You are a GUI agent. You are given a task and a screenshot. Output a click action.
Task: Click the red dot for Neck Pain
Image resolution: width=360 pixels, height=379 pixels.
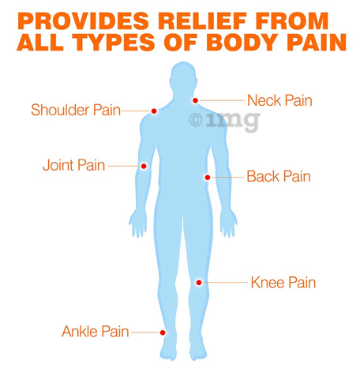[195, 100]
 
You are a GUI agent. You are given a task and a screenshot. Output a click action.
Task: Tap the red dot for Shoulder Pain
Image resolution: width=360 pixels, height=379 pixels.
[154, 111]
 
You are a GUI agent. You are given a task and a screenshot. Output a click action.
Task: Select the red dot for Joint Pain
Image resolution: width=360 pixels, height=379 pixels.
[144, 167]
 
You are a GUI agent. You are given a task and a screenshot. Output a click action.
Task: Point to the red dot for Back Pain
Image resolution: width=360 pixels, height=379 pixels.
[208, 178]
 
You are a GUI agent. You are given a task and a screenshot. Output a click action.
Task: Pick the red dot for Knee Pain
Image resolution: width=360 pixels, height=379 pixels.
[199, 283]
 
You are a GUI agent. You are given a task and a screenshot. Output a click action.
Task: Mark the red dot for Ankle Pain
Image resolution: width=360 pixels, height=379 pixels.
[163, 332]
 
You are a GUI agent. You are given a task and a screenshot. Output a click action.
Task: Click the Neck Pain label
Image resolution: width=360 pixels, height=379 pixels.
[279, 100]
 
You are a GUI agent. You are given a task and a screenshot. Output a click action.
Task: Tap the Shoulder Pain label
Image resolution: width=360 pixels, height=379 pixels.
[76, 110]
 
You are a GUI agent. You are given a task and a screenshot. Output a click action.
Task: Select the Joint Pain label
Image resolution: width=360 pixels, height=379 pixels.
[74, 165]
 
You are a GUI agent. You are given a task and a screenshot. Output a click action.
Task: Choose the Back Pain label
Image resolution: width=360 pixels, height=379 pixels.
[279, 176]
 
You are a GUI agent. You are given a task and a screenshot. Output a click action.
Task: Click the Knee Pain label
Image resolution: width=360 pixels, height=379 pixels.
[283, 283]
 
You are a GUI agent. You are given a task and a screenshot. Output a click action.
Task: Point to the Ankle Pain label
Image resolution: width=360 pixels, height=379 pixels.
[96, 332]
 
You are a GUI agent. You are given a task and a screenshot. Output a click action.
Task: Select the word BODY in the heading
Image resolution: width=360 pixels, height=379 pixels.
[243, 42]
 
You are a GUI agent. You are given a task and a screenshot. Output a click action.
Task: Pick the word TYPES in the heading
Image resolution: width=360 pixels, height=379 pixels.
[113, 42]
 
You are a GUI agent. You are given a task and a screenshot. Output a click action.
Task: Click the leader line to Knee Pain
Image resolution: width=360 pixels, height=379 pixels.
[225, 283]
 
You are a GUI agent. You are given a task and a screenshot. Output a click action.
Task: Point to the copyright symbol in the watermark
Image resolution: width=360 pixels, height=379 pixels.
[196, 120]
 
